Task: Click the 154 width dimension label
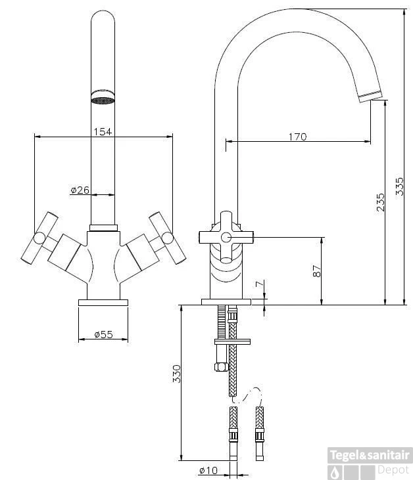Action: point(103,131)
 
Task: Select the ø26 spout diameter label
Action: point(80,190)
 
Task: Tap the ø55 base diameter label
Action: point(103,334)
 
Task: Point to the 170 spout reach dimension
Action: point(297,137)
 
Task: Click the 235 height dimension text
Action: point(380,202)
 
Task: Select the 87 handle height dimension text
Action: point(316,270)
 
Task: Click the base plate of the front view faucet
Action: point(103,303)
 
